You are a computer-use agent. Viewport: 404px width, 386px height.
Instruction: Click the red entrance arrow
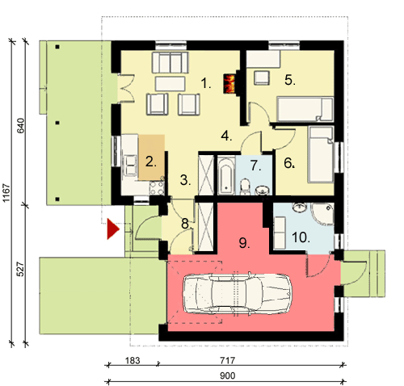(x=113, y=229)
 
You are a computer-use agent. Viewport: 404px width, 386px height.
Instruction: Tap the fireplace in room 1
(x=229, y=83)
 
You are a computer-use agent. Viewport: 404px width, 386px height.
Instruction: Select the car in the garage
(x=238, y=294)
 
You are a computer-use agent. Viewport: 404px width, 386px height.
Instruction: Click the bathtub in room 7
(x=226, y=176)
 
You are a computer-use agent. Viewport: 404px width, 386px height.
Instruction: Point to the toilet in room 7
(x=245, y=187)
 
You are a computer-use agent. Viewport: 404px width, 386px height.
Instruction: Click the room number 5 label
(x=290, y=80)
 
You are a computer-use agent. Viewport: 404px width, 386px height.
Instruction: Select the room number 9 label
(x=244, y=243)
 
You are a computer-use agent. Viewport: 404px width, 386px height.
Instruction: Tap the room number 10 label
(x=301, y=237)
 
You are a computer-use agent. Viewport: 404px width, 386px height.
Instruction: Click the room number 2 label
(x=151, y=162)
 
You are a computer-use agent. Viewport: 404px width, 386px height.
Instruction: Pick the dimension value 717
(x=228, y=360)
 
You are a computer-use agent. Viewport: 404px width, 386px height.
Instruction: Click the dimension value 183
(x=133, y=360)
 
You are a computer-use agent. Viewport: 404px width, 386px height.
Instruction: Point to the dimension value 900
(x=228, y=376)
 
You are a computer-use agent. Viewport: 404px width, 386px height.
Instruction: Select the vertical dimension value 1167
(x=6, y=193)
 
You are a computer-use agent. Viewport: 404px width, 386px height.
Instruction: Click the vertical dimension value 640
(x=21, y=125)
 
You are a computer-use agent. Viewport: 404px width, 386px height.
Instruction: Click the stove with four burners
(x=157, y=188)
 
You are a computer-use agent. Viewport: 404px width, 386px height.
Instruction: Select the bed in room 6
(x=322, y=154)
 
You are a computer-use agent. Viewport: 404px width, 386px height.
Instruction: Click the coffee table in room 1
(x=170, y=84)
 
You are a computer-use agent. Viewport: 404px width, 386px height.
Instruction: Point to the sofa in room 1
(x=170, y=63)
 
